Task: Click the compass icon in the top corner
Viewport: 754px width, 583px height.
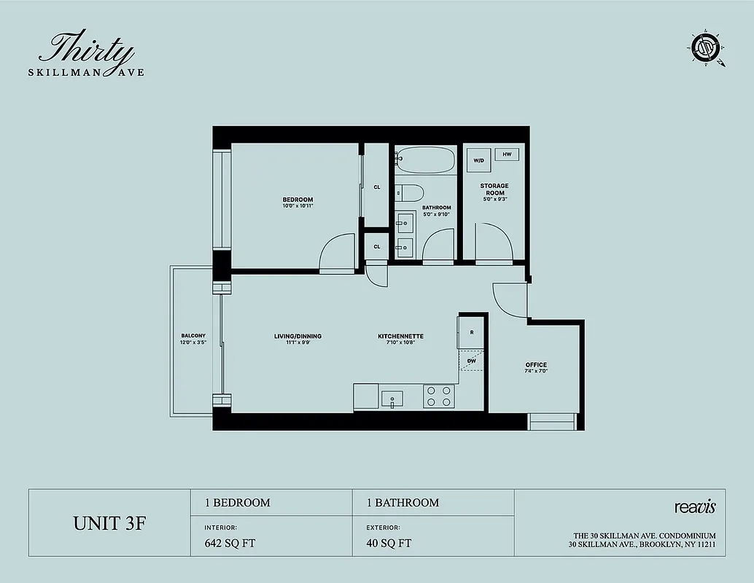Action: [x=706, y=49]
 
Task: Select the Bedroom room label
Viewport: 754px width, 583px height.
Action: [x=298, y=203]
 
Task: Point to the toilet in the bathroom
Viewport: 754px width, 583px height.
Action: [x=410, y=193]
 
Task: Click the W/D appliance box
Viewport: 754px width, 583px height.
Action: [x=478, y=160]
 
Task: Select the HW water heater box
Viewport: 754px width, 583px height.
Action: [x=507, y=154]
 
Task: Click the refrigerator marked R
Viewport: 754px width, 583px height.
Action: [x=471, y=332]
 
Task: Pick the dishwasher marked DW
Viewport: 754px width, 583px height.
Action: [x=471, y=361]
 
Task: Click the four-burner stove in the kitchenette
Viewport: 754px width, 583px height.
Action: [x=439, y=396]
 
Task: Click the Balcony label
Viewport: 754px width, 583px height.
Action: [x=193, y=339]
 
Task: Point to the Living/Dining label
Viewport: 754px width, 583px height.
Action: [x=298, y=339]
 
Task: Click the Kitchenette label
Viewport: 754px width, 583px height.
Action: [x=400, y=339]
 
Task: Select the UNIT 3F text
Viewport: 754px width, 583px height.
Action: [x=109, y=523]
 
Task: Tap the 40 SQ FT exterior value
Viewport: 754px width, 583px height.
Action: [x=389, y=543]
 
